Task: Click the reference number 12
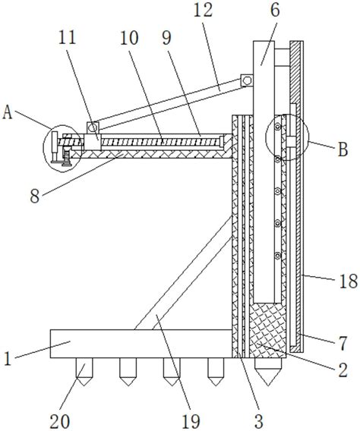coord(204,11)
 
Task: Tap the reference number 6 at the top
coord(275,11)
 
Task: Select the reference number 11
coord(68,37)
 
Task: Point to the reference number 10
coord(129,38)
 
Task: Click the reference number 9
coord(166,38)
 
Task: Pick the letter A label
coord(8,112)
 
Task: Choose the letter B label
coord(343,149)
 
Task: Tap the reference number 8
coord(35,197)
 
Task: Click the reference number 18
coord(349,282)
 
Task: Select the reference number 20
coord(60,421)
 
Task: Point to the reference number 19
coord(191,421)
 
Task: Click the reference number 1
coord(8,358)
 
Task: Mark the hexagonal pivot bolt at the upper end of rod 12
coord(247,80)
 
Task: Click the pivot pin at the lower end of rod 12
coord(93,127)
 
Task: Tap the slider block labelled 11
coord(93,142)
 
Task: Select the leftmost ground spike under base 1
coord(84,372)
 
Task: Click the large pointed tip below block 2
coord(268,372)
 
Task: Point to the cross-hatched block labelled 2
coord(267,330)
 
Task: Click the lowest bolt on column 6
coord(278,256)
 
